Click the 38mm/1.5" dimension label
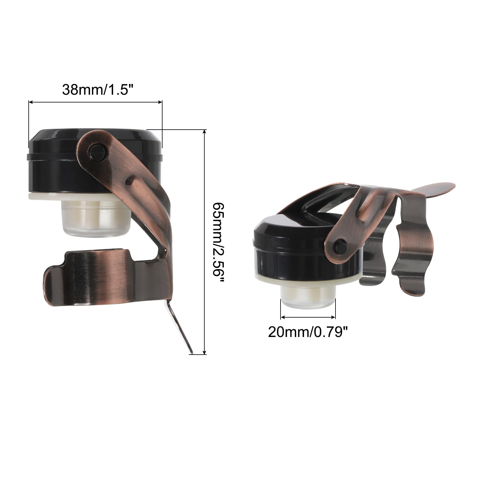pos(97,89)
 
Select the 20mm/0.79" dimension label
pos(308,332)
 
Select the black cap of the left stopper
pos(95,161)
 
